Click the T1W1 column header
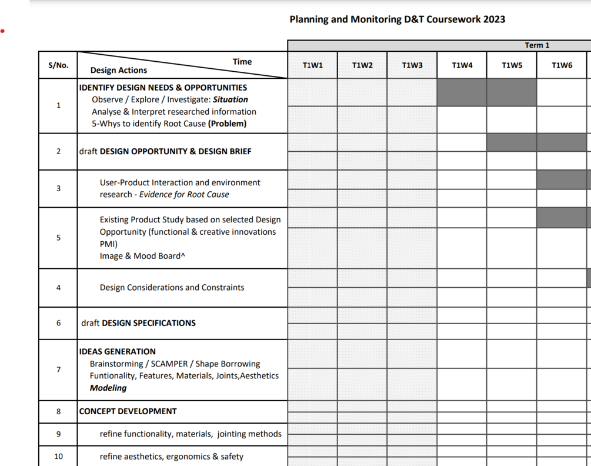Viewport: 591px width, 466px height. point(312,65)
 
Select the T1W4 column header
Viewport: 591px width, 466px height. point(462,65)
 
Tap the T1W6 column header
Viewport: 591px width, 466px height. point(562,65)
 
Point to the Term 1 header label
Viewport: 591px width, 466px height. point(537,45)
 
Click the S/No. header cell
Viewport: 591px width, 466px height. point(58,65)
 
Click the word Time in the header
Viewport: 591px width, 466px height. point(242,61)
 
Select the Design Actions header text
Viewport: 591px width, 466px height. point(119,70)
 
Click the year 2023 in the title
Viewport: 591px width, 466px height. point(494,19)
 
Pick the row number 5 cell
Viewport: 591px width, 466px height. point(58,238)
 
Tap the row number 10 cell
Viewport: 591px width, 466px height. point(58,456)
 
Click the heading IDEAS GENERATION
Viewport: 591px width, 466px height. point(118,351)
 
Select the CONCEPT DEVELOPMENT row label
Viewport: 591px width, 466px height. point(128,411)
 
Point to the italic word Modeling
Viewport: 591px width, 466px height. point(108,388)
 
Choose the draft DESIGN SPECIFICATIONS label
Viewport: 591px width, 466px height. point(138,323)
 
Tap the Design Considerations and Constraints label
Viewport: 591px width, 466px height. point(172,288)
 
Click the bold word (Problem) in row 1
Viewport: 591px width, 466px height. point(227,124)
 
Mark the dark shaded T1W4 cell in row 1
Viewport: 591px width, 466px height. point(462,92)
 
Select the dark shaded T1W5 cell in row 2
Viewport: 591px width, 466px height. point(512,142)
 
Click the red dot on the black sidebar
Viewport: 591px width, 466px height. point(3,31)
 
